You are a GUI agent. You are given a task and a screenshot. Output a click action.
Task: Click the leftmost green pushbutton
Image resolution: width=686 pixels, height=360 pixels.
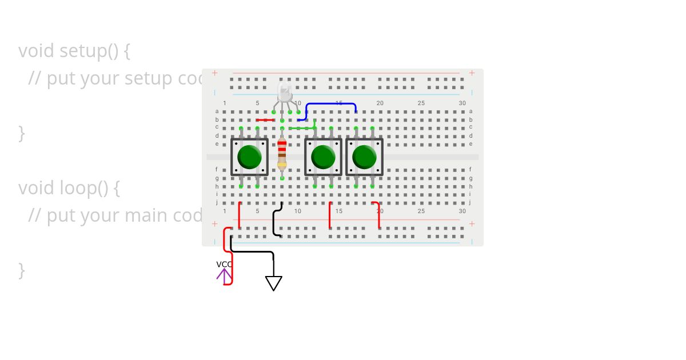tap(249, 157)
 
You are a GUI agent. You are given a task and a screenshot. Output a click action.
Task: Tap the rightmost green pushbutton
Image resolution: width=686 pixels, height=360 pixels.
tap(364, 157)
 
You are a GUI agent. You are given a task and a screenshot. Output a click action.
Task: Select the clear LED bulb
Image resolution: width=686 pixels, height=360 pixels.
tap(284, 92)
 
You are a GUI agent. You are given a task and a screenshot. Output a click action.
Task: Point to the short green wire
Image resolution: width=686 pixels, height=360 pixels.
tap(303, 128)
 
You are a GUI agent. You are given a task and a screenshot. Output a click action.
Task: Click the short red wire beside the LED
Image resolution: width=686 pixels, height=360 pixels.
tap(265, 120)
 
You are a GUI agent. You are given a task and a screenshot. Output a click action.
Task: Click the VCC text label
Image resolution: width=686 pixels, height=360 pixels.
tap(224, 264)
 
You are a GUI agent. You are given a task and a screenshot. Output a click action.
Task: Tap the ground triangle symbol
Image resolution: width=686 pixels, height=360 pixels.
tap(273, 283)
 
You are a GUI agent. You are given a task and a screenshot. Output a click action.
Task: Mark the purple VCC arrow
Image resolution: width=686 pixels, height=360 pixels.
tap(224, 275)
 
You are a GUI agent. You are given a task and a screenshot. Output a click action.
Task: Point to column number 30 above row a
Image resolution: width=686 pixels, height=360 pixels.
tap(462, 103)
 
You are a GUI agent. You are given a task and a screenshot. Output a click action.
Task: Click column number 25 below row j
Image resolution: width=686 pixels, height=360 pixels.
tap(421, 211)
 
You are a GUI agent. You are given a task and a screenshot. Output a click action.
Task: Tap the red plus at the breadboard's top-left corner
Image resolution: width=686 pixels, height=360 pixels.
tap(215, 73)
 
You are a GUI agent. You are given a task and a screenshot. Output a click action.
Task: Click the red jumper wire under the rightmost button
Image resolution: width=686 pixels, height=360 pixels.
tap(378, 214)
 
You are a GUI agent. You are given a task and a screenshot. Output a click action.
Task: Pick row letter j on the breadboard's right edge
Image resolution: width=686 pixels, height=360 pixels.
tap(470, 202)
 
